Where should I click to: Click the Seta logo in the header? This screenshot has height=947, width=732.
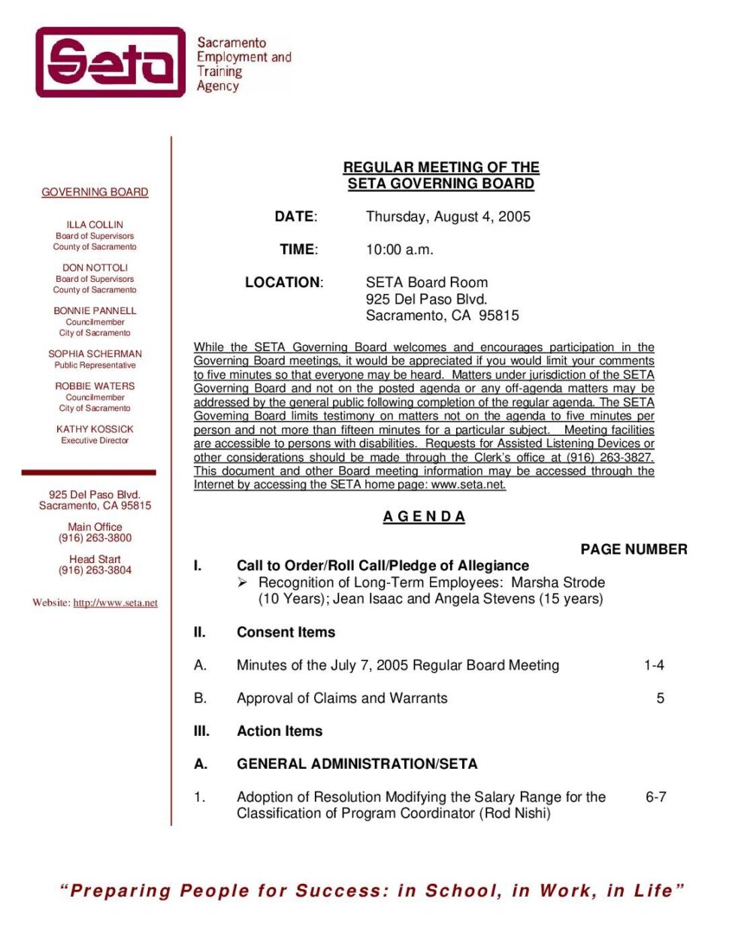coord(110,62)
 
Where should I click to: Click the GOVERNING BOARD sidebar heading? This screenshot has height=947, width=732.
coord(95,192)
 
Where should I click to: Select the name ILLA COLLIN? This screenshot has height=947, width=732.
coord(95,225)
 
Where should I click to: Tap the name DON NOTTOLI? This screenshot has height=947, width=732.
coord(95,268)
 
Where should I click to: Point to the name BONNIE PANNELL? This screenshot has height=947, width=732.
coord(95,310)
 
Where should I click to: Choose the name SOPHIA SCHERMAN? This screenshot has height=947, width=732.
coord(95,354)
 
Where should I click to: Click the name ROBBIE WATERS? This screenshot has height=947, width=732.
coord(95,386)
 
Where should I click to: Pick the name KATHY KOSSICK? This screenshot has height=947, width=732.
coord(95,429)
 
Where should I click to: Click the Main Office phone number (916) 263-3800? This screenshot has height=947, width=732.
coord(95,538)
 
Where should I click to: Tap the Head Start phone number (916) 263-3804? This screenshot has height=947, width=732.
coord(95,570)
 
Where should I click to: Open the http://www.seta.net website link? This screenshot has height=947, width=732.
coord(115,603)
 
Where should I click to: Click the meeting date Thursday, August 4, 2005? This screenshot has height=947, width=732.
coord(448,216)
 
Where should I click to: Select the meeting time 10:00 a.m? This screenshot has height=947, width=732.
coord(399,250)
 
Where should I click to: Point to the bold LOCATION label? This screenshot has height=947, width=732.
coord(283,283)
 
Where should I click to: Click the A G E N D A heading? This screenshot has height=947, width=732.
coord(424,517)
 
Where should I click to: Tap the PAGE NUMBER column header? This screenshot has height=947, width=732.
coord(634,549)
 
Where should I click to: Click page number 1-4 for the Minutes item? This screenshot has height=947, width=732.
coord(654,665)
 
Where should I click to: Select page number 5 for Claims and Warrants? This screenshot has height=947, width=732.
coord(660,698)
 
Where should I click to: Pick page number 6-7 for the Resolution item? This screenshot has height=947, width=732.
coord(655,797)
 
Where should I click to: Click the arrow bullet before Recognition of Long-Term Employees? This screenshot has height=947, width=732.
coord(243,582)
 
